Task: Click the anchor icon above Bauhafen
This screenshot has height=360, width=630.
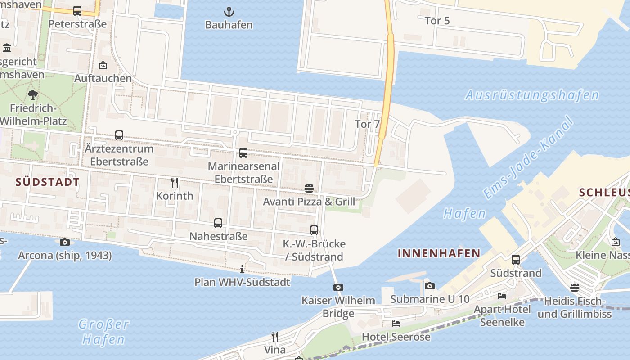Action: tap(229, 12)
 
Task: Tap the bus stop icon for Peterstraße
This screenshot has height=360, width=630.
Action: tap(77, 11)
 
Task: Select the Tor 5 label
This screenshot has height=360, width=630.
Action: tap(437, 21)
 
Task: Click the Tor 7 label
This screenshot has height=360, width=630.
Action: tap(367, 124)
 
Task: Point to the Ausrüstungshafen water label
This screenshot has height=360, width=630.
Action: tap(532, 95)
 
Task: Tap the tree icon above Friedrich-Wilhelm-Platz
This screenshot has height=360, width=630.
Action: tap(32, 95)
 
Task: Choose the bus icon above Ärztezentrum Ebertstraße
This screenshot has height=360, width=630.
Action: tap(119, 135)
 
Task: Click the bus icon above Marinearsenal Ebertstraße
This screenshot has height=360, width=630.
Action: tap(243, 153)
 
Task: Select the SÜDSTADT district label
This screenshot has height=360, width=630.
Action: tap(47, 182)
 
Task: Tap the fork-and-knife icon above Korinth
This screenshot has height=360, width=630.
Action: tap(175, 183)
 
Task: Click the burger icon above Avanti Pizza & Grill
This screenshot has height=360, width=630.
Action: tap(309, 188)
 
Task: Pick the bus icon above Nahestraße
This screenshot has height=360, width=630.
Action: tap(218, 223)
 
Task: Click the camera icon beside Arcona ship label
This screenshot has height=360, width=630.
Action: tap(65, 243)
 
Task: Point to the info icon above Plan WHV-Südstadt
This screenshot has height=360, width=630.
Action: tap(242, 269)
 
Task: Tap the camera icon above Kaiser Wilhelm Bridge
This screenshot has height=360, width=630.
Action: tap(338, 287)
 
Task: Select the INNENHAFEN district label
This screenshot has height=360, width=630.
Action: tap(439, 253)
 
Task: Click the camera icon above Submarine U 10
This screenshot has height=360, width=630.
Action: tap(430, 286)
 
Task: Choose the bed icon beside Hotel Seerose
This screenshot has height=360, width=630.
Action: tap(396, 323)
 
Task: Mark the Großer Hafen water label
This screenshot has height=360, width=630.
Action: tap(103, 332)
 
